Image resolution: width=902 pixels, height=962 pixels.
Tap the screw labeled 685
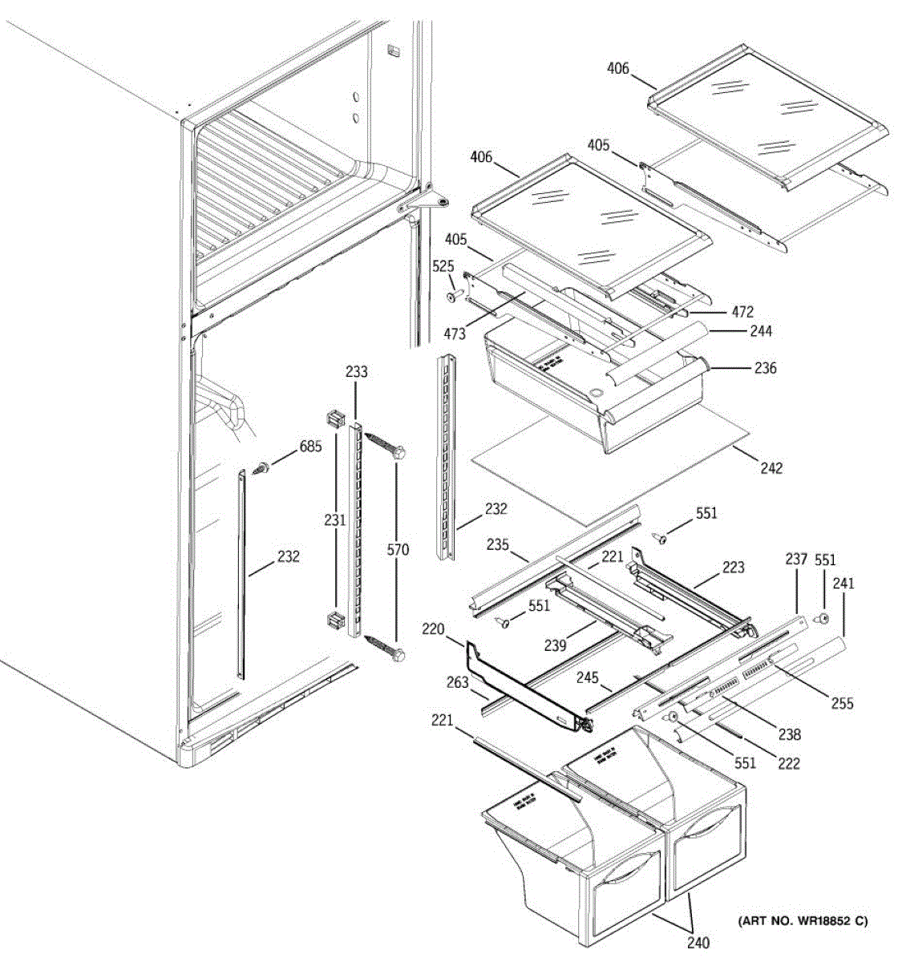[x=261, y=468]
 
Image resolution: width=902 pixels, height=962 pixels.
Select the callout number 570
[x=397, y=549]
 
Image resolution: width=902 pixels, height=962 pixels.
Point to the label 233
[x=357, y=371]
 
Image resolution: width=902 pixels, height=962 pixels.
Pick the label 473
[x=454, y=333]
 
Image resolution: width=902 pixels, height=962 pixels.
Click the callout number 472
[x=742, y=311]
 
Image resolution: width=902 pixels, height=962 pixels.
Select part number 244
[x=762, y=331]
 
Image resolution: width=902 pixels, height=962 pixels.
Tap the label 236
[x=766, y=369]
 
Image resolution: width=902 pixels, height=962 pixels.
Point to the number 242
[x=771, y=467]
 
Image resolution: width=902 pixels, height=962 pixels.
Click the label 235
[x=498, y=544]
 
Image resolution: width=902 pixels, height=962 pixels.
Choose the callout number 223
[x=733, y=567]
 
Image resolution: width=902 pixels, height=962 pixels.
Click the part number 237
[x=796, y=559]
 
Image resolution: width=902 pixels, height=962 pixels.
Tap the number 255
[x=842, y=703]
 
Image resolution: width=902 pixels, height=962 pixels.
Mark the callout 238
[x=789, y=734]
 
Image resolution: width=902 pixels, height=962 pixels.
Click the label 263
[x=458, y=683]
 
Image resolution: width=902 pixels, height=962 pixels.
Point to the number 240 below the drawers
[x=698, y=943]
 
